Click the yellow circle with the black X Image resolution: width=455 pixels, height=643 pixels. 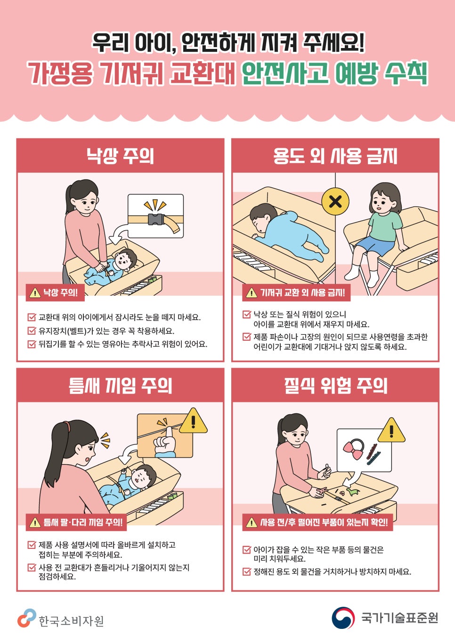point(335,201)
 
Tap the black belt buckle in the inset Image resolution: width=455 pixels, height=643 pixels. point(156,220)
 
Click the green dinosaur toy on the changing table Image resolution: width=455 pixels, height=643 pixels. point(353,492)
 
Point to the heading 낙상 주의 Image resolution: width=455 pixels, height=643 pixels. point(121,156)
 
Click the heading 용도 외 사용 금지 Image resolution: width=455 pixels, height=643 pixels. point(335,156)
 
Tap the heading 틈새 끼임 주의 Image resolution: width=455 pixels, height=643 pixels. point(121,386)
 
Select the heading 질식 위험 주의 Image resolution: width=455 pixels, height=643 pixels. point(335,386)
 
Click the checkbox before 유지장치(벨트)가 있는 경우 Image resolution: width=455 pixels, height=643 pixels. point(32,330)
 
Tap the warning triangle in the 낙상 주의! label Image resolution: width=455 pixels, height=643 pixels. point(35,293)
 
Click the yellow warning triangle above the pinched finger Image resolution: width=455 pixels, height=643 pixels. point(193,421)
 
